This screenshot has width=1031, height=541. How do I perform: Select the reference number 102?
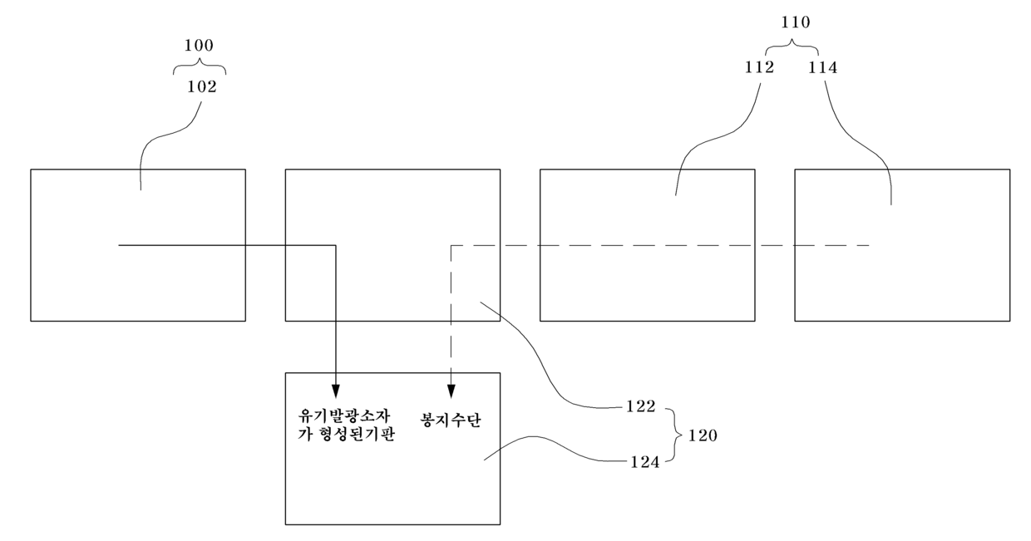[x=202, y=85]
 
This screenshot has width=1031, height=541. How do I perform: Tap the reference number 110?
[x=796, y=23]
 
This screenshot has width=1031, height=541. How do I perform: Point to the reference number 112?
[x=758, y=68]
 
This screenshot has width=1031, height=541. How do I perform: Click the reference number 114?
[x=822, y=68]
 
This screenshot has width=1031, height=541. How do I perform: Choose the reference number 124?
[x=644, y=462]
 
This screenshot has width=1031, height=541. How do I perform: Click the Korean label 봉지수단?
[x=452, y=420]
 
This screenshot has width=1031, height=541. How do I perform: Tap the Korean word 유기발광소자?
[x=345, y=415]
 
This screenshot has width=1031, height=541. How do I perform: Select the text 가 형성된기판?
[x=347, y=435]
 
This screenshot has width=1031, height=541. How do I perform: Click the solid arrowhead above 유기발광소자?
[x=335, y=391]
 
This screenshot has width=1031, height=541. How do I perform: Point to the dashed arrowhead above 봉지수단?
[x=451, y=391]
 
